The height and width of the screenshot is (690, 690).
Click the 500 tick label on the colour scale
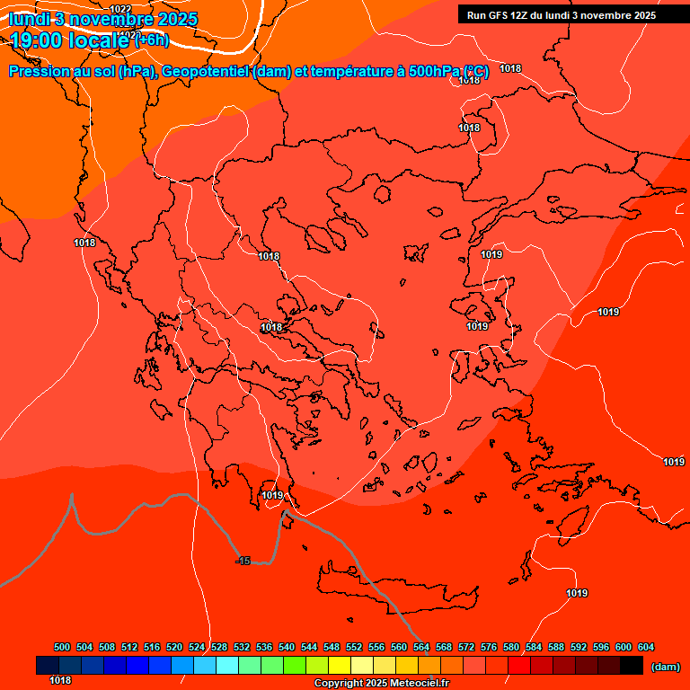point(62,647)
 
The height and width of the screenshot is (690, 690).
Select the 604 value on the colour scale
point(646,647)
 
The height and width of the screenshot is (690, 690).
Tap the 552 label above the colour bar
point(354,647)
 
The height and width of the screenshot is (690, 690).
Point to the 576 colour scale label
point(489,647)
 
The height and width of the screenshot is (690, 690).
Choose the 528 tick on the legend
point(219,647)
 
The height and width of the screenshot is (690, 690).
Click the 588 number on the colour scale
point(556,647)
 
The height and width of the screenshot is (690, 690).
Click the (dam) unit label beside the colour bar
point(665,666)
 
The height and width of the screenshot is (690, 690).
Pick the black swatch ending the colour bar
point(632,665)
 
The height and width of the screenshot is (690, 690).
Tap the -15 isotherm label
point(243,561)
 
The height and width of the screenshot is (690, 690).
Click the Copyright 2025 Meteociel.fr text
point(381,684)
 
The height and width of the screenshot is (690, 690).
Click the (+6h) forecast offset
point(151,40)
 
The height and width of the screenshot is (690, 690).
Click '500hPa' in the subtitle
point(435,72)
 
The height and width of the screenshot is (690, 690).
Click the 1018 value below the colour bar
point(60,680)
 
